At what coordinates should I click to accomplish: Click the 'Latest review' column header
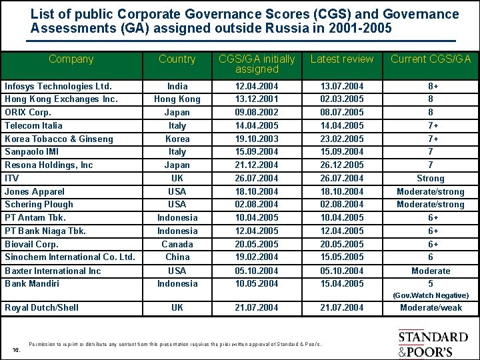click(x=342, y=59)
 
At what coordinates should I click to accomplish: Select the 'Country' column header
click(x=177, y=59)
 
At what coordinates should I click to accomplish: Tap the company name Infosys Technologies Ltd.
click(x=59, y=86)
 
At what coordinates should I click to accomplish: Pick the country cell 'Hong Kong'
click(x=177, y=99)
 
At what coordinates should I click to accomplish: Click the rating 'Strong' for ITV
click(x=430, y=178)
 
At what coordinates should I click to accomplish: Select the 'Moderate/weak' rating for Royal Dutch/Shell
click(x=430, y=307)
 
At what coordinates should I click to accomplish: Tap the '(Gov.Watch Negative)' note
click(x=430, y=295)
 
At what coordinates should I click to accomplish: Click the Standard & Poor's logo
click(x=433, y=343)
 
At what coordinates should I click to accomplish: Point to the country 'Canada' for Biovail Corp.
click(x=177, y=244)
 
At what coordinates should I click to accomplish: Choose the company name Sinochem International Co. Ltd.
click(x=70, y=257)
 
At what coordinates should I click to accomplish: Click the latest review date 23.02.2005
click(x=342, y=139)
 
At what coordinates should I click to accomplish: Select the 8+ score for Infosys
click(x=430, y=86)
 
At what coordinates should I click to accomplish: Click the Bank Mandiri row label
click(x=32, y=283)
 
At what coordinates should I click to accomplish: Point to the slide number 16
click(x=17, y=349)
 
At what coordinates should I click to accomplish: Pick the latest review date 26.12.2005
click(x=342, y=165)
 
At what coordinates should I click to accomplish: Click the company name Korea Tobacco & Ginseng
click(x=59, y=139)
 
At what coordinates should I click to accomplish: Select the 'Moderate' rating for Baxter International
click(x=430, y=271)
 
